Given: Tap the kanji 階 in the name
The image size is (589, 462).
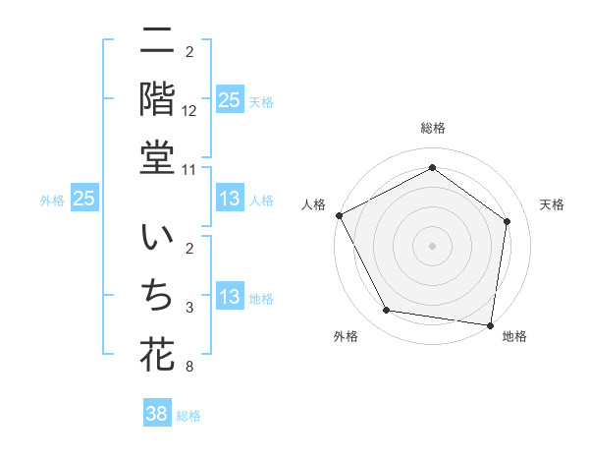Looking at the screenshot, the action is (x=157, y=98).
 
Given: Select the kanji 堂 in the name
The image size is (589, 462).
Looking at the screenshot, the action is (x=157, y=158).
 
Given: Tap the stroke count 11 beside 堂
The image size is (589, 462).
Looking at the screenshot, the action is (x=189, y=170).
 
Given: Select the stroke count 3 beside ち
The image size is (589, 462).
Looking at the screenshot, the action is (x=189, y=309).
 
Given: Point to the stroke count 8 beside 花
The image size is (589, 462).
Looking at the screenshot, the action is (x=189, y=368).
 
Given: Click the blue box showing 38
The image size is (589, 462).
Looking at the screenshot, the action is (x=157, y=414).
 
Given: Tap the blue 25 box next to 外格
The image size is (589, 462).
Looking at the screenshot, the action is (x=84, y=200).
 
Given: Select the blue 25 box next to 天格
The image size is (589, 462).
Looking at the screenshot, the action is (x=229, y=100).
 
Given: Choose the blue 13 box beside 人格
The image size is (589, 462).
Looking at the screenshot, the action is (x=229, y=200).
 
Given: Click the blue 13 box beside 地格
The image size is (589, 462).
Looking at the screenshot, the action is (x=229, y=298).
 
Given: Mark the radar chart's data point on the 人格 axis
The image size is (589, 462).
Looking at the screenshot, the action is (x=339, y=215).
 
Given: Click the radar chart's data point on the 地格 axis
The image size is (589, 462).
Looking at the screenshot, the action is (x=490, y=324).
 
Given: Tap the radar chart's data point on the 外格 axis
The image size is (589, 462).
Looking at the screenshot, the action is (x=387, y=311).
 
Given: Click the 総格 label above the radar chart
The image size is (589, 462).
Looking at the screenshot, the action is (x=432, y=128).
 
